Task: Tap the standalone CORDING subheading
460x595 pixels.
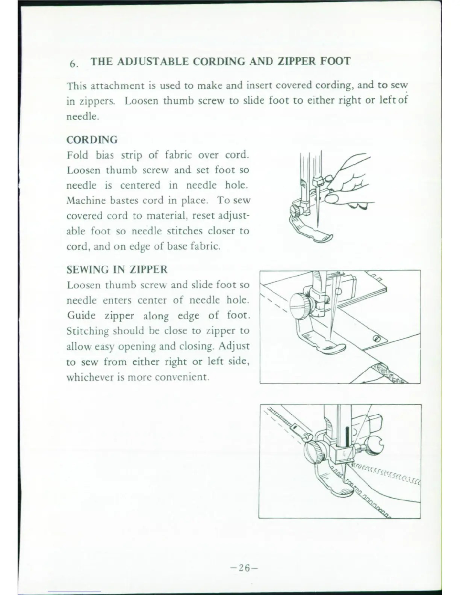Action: [x=92, y=140]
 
